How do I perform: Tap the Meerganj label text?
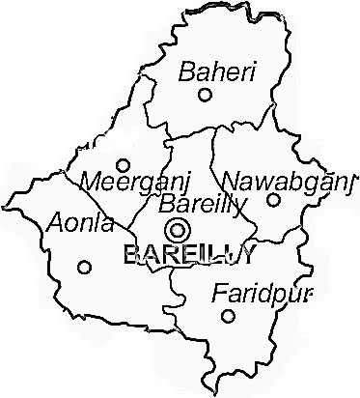click(125, 181)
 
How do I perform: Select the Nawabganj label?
click(285, 180)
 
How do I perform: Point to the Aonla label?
click(79, 224)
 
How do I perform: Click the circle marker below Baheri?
click(205, 95)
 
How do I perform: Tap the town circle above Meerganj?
click(123, 165)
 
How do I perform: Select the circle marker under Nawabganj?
click(273, 200)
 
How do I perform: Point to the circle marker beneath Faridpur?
click(228, 316)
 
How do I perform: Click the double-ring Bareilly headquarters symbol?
click(177, 230)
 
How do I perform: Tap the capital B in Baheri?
click(186, 71)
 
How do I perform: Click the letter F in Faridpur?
click(220, 291)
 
